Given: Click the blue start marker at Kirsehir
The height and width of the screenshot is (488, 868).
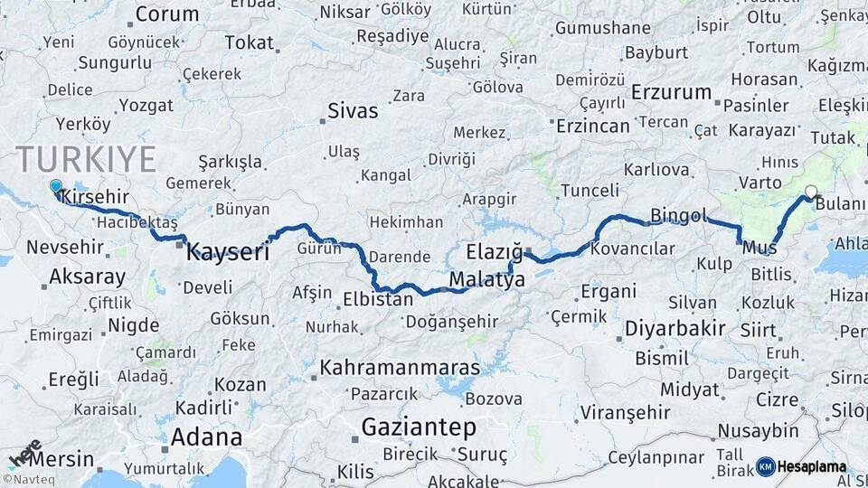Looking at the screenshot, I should [x=56, y=187].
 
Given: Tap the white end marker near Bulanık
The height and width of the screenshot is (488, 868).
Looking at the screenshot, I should [x=811, y=192].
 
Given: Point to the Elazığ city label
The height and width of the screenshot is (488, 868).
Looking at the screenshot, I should [x=495, y=251].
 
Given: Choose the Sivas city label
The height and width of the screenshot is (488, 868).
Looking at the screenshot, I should [x=352, y=112].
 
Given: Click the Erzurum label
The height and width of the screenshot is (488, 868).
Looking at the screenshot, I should [x=672, y=92].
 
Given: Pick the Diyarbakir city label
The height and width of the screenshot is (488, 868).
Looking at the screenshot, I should [x=675, y=328].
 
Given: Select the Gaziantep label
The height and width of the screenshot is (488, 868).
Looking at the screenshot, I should [x=419, y=426].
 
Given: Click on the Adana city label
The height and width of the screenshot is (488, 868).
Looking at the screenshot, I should [x=206, y=437].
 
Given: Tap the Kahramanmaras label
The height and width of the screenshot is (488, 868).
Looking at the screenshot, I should [x=400, y=369].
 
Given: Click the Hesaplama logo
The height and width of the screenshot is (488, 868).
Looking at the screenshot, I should [x=801, y=466].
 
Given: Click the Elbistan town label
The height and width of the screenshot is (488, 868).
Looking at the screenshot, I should [x=378, y=297].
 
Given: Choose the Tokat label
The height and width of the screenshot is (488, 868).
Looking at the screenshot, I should [x=249, y=42].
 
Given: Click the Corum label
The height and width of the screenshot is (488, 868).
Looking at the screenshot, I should [x=167, y=14].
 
